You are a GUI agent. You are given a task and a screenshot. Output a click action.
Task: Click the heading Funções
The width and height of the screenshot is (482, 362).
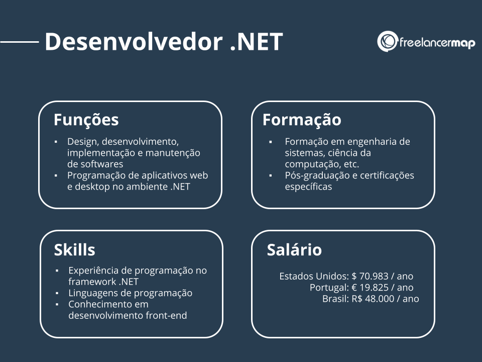tap(86, 120)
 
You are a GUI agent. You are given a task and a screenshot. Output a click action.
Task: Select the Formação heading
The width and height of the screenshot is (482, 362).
tap(302, 120)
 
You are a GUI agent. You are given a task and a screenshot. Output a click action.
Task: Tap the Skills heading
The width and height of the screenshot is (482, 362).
tap(74, 249)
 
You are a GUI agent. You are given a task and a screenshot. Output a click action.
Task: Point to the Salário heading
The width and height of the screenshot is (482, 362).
tap(294, 249)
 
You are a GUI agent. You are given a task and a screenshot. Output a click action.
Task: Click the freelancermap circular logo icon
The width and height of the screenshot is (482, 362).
tap(387, 42)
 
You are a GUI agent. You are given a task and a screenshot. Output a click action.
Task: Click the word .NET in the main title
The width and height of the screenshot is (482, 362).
tap(256, 42)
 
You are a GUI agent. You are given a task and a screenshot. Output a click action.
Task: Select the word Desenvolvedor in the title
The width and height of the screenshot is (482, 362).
tap(134, 42)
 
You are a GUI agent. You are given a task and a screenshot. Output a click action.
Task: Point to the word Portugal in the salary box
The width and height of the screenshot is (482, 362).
tap(328, 288)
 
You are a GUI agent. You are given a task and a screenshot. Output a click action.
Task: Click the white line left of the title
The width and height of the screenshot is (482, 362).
tap(20, 42)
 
